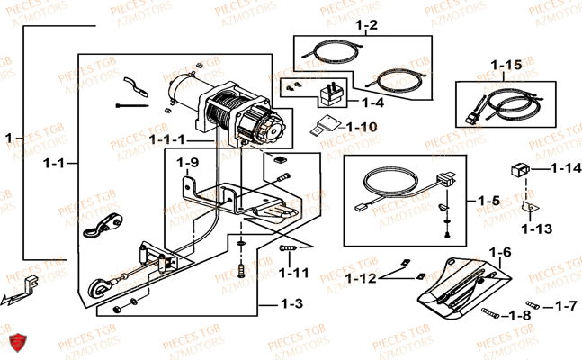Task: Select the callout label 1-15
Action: tap(506, 66)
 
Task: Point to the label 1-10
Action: tap(362, 126)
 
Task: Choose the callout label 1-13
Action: tap(538, 228)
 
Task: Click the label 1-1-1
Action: tap(169, 139)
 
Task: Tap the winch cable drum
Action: tap(225, 115)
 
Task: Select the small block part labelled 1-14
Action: tap(520, 168)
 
